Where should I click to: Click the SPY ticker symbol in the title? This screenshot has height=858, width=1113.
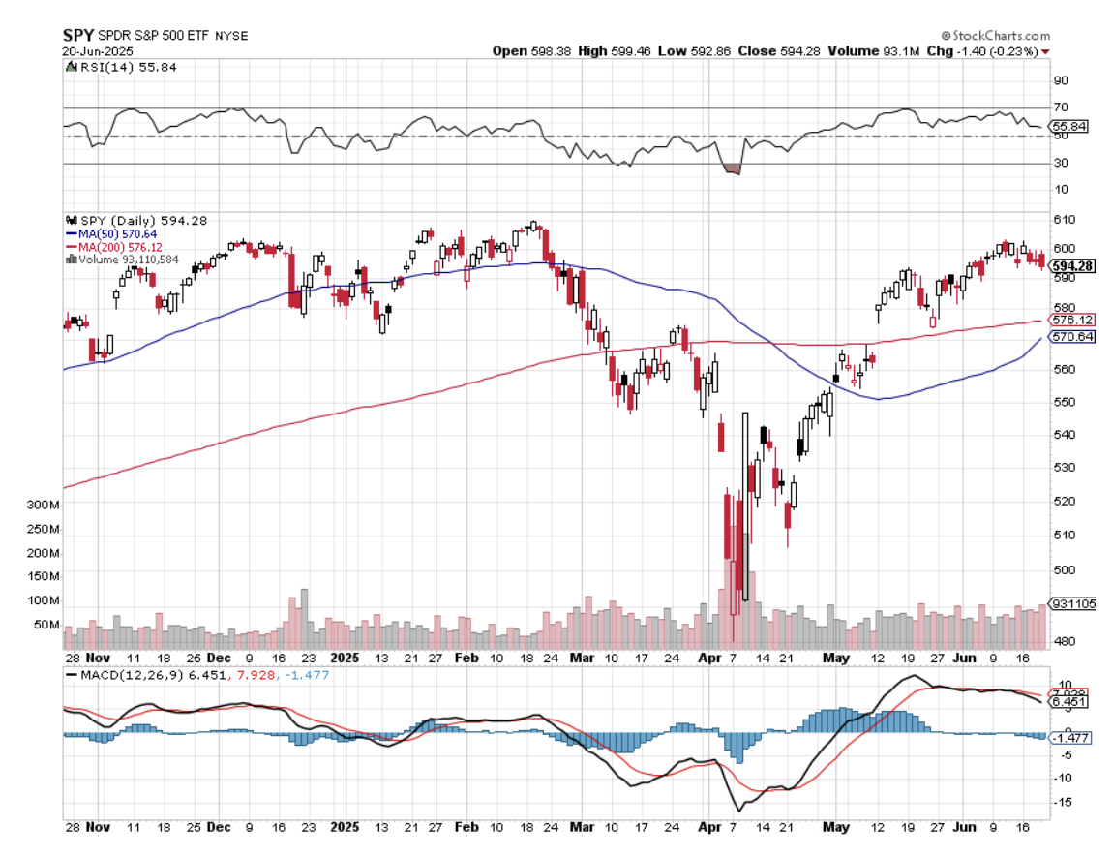click(78, 35)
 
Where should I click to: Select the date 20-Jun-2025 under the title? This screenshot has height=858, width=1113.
click(98, 51)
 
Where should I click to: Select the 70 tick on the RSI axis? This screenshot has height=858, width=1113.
click(1061, 107)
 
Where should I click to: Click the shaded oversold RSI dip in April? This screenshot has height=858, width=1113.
click(732, 169)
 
